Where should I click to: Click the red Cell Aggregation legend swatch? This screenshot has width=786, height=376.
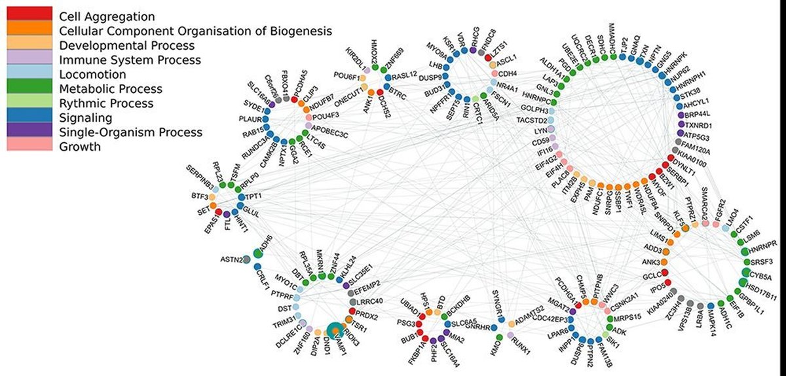click(x=28, y=14)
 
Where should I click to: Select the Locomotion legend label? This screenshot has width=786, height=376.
click(x=88, y=74)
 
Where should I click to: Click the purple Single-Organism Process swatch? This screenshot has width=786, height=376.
click(x=28, y=132)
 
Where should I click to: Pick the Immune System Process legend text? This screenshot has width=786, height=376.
click(x=129, y=60)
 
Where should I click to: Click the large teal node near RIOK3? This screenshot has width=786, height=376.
click(x=335, y=331)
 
